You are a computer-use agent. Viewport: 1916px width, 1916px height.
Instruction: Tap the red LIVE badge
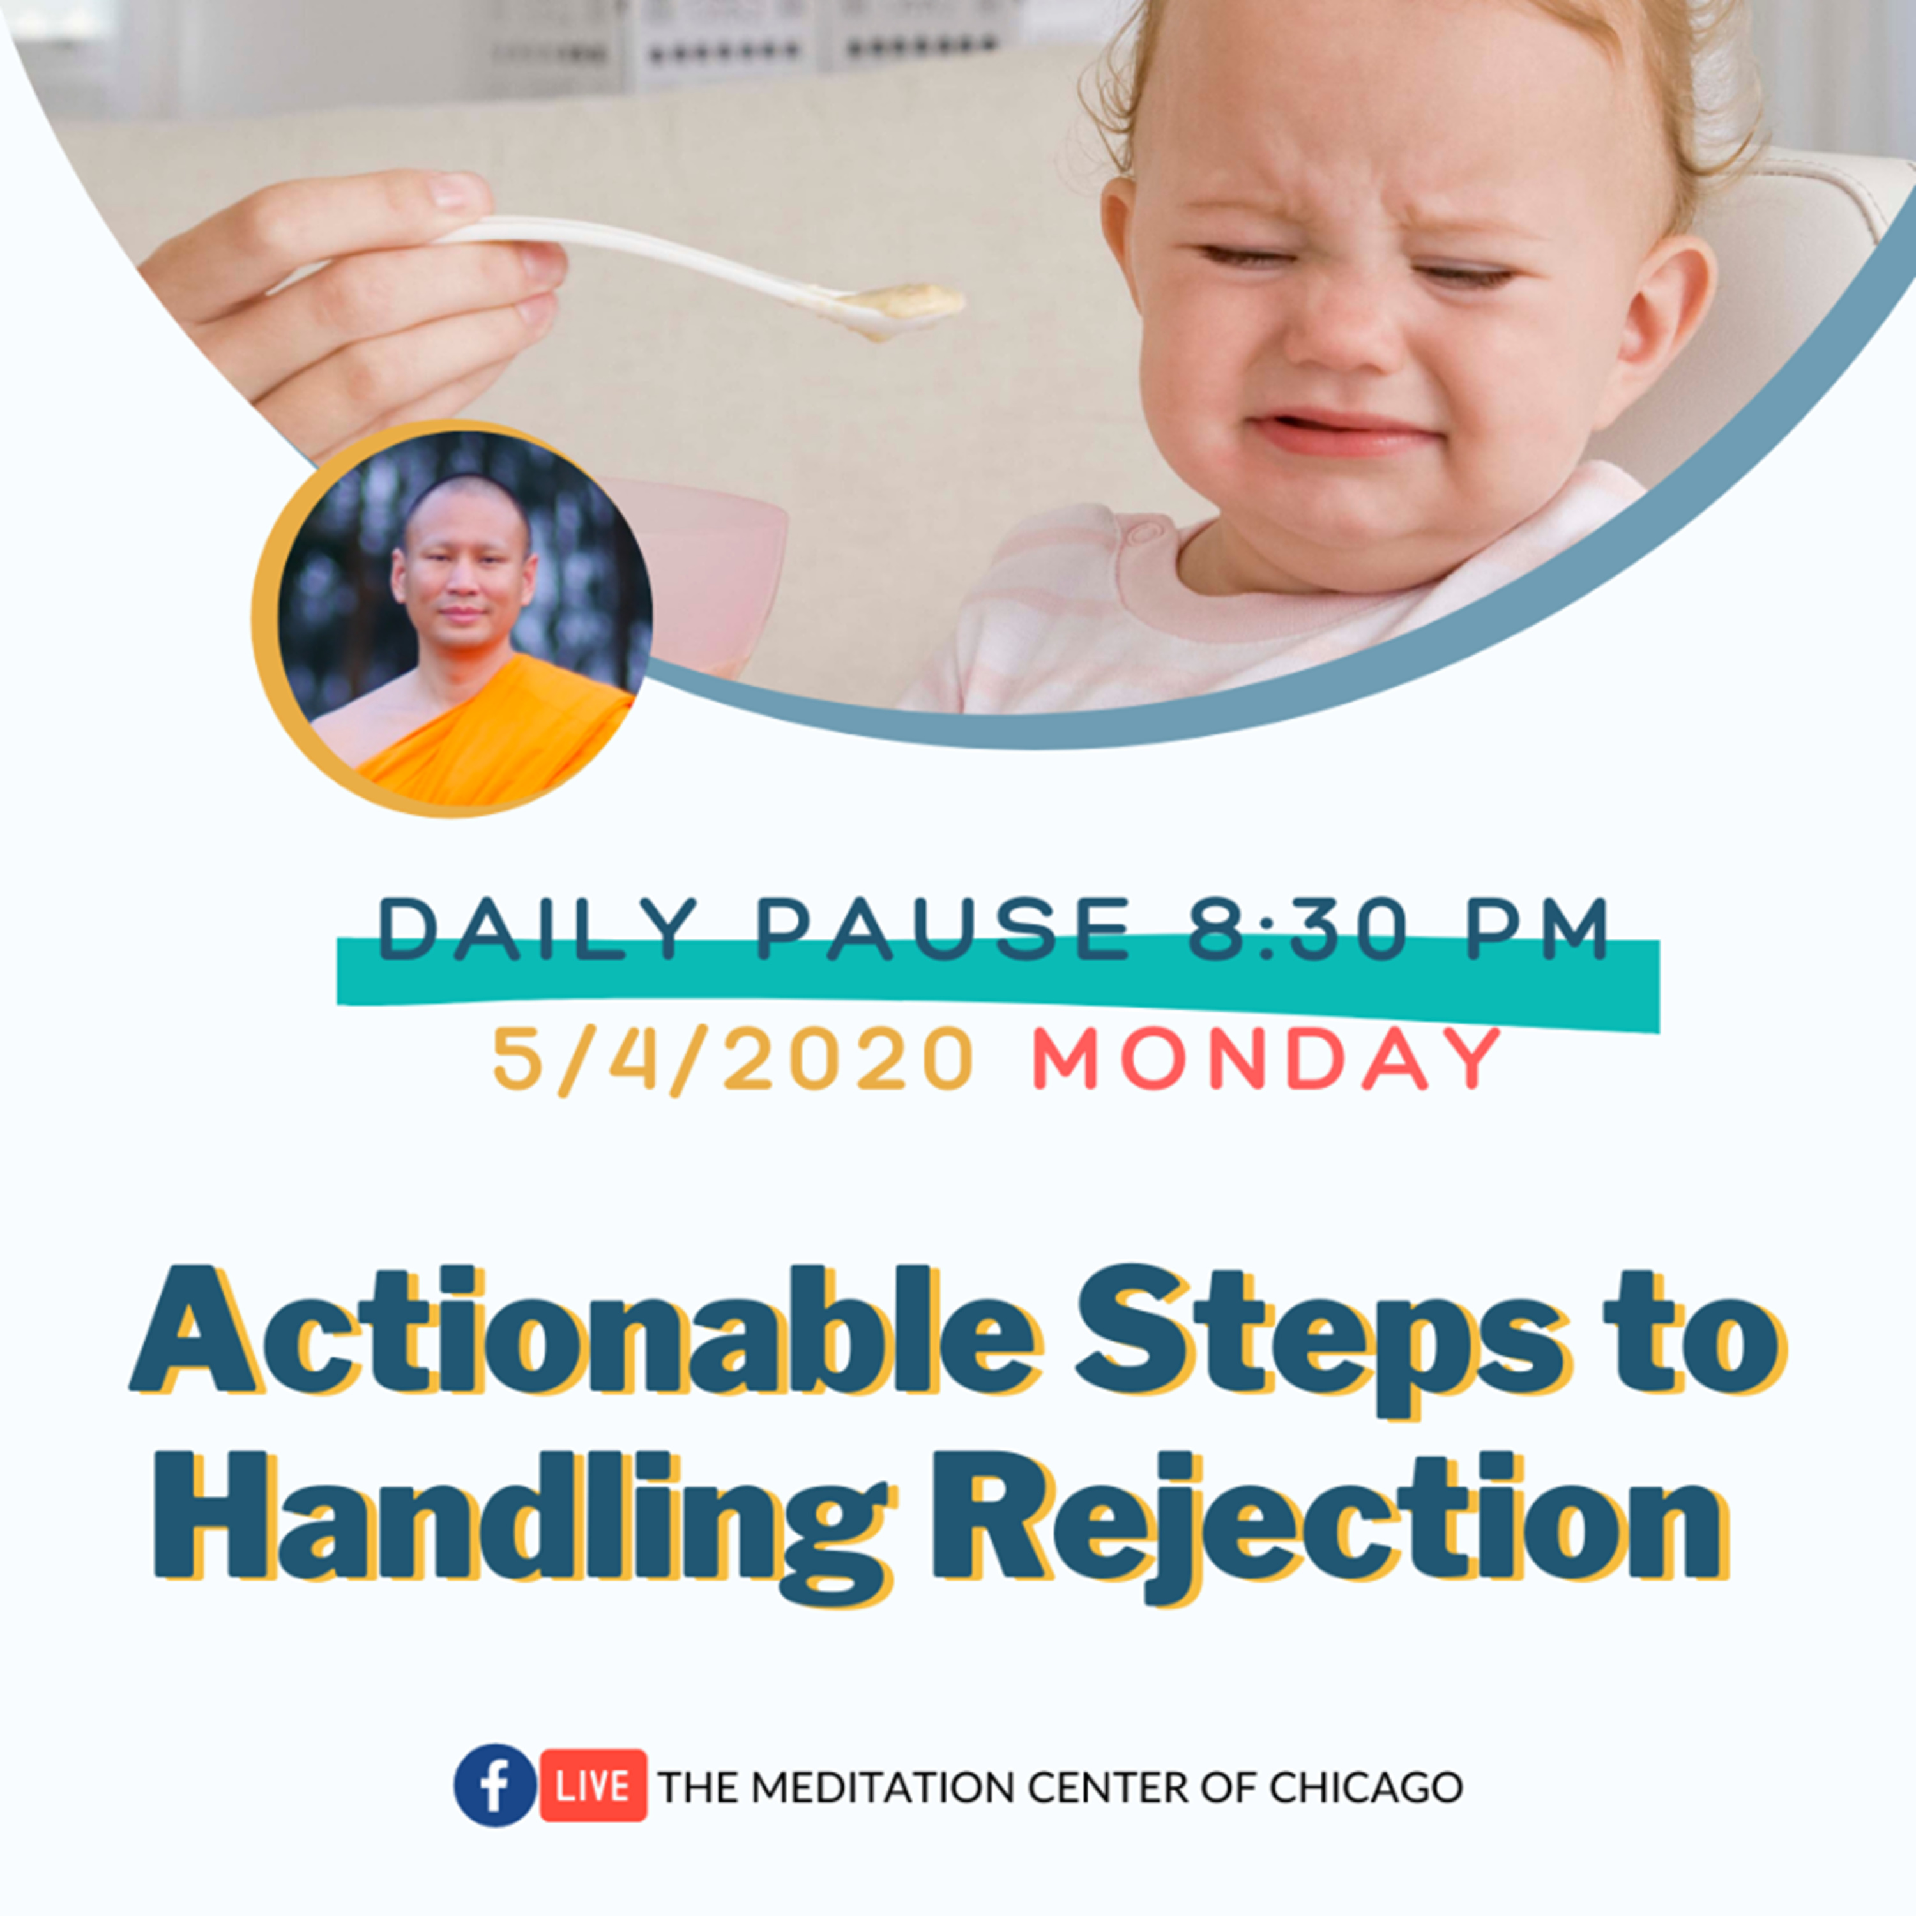tap(593, 1786)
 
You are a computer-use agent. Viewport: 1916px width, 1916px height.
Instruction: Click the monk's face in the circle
tap(463, 575)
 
